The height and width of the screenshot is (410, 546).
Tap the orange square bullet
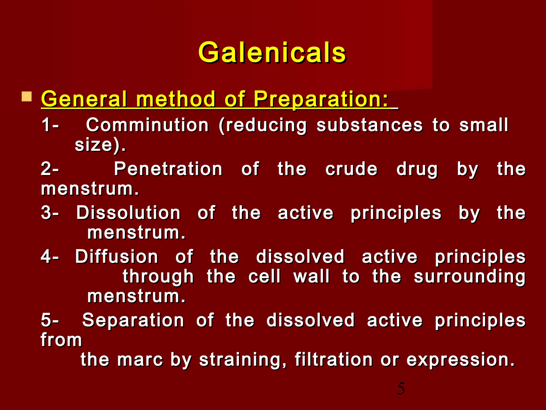(x=27, y=97)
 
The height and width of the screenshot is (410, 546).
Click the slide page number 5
(x=401, y=389)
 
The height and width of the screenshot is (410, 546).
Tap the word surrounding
(x=469, y=277)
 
